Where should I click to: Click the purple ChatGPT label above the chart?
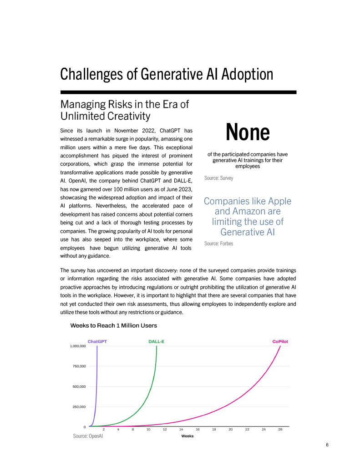point(97,341)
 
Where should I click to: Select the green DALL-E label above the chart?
point(156,341)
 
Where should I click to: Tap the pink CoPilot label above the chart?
point(280,341)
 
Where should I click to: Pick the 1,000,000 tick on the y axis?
point(77,346)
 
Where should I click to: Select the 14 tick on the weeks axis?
point(181,430)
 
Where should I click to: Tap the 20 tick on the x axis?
point(231,430)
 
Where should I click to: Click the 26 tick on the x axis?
point(280,430)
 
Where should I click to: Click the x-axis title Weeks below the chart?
point(188,436)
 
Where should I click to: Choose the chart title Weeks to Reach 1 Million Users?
point(113,326)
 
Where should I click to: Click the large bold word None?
point(248,132)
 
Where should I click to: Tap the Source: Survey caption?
point(218,178)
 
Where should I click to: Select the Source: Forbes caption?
point(219,244)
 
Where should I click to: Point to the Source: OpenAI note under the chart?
point(88,436)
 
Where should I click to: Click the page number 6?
point(327,445)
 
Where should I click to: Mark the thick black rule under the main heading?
point(178,92)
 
